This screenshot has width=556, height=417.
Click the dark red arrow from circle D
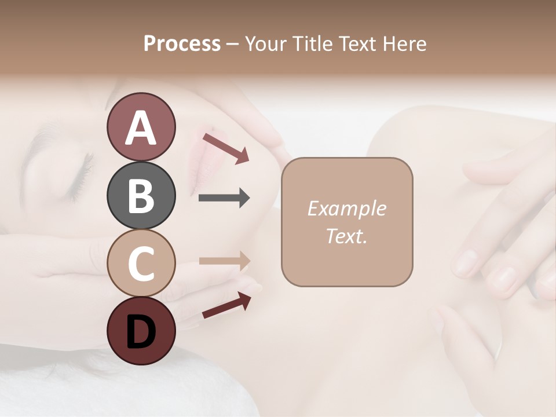click(226, 305)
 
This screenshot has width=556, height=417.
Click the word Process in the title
click(182, 43)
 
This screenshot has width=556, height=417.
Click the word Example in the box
click(346, 209)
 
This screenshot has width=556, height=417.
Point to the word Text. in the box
click(346, 236)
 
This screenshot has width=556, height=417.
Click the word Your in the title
click(265, 43)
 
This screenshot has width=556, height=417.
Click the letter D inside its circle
click(141, 332)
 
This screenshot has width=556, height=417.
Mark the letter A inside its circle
click(141, 128)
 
